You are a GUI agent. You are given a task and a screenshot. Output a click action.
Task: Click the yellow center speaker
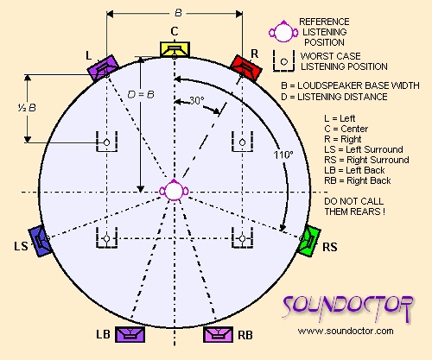pos(175,49)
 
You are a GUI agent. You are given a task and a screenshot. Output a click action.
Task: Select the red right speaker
pos(246,68)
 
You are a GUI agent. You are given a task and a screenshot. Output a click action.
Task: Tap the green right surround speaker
pos(309,241)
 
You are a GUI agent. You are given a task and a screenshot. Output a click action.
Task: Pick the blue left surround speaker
pos(40,241)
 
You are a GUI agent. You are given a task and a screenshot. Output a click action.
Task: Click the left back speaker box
pos(130,334)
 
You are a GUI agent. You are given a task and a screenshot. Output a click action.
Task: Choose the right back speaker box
pos(218,334)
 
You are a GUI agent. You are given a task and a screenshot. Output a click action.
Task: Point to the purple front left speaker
pos(103,68)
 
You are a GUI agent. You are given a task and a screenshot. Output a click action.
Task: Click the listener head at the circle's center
pos(174,190)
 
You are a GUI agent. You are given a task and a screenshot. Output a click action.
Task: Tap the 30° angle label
pos(197,100)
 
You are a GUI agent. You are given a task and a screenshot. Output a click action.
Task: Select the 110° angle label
pos(283,155)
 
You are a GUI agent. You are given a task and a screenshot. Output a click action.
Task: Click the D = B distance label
pos(141,94)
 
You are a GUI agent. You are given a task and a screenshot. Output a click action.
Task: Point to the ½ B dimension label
pos(27,108)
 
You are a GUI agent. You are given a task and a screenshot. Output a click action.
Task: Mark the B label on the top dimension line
pos(178,13)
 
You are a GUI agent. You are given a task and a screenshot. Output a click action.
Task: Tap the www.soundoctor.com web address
pos(346,331)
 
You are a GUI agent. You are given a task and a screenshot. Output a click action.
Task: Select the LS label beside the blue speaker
pos(21,246)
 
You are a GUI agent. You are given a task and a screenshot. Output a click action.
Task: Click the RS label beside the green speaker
pos(330,247)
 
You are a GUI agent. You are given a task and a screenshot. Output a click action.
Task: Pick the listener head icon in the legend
pos(283,32)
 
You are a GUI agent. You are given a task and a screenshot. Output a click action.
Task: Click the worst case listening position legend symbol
pos(284,61)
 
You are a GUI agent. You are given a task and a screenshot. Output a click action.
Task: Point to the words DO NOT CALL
pos(354,201)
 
